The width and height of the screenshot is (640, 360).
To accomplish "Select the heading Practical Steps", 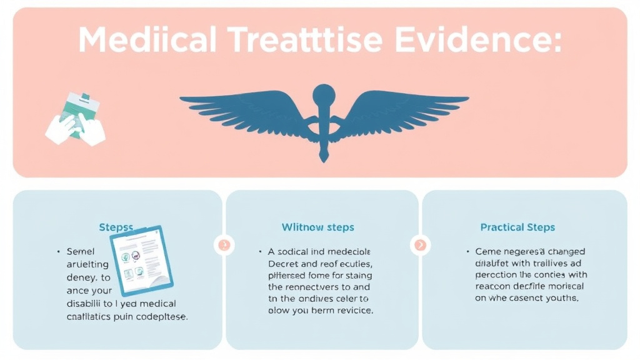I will pos(517,227).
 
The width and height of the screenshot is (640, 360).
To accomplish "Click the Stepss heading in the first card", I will pos(116,227).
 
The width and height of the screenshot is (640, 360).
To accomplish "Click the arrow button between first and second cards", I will pos(224,244).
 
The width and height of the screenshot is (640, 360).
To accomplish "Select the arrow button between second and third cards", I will pos(421,244).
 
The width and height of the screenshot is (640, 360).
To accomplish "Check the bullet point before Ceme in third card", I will pos(467,251).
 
